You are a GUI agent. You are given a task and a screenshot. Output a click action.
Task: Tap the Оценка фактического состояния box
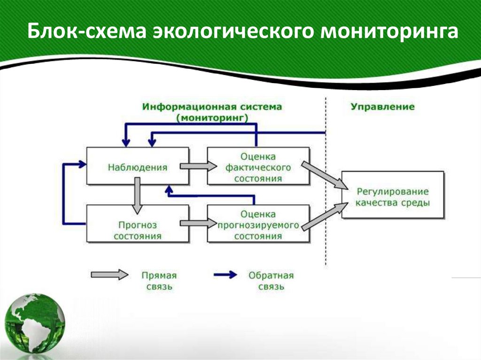[258, 166]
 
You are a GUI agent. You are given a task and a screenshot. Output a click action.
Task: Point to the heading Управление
[382, 107]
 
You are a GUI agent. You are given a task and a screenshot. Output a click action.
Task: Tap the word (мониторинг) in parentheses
[212, 118]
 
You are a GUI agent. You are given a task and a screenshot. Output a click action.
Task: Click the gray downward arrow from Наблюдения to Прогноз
[137, 194]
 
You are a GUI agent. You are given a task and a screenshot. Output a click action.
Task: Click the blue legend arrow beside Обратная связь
[225, 275]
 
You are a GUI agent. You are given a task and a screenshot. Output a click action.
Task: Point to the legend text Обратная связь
[271, 281]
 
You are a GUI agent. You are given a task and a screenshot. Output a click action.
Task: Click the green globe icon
[36, 324]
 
